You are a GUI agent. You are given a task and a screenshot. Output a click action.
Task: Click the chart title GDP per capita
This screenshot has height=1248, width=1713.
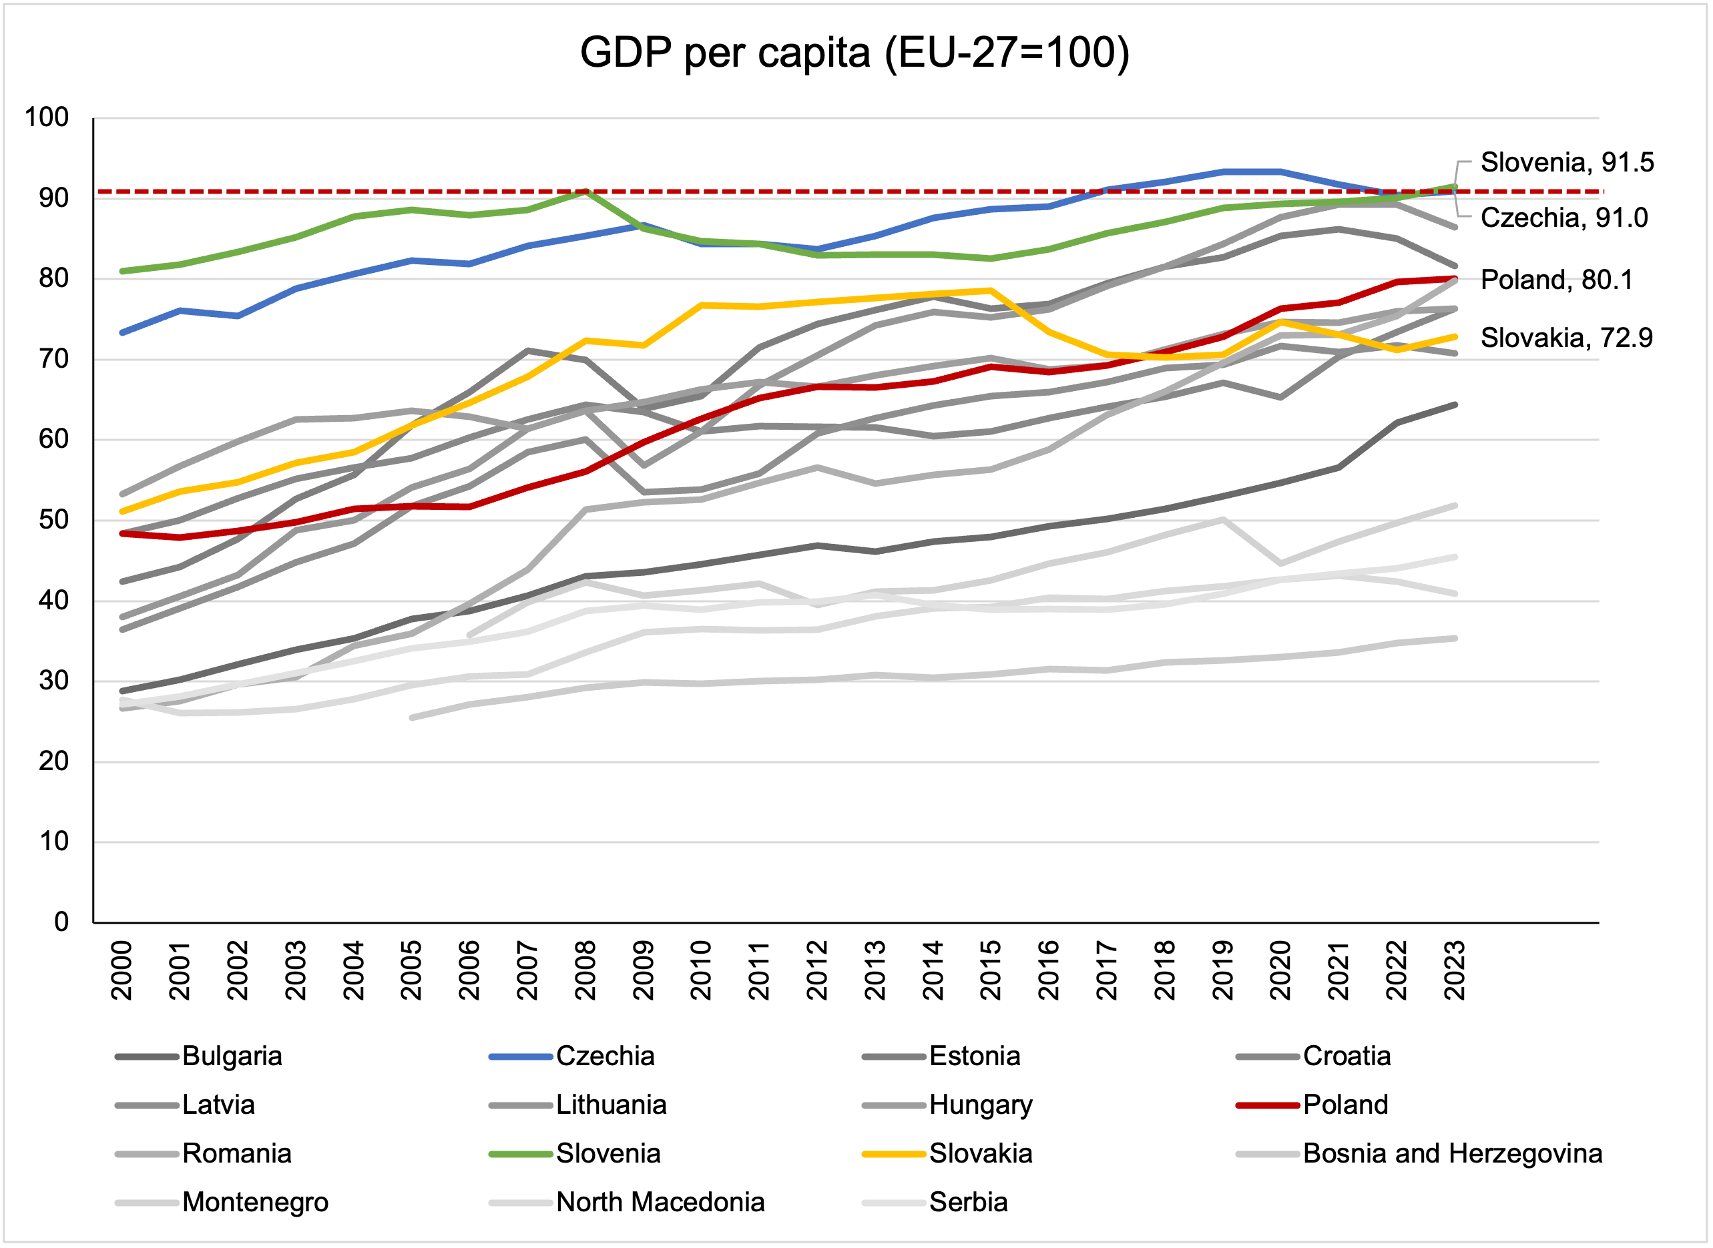pyautogui.click(x=854, y=53)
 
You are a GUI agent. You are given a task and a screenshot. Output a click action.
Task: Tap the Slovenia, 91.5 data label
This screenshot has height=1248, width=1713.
pyautogui.click(x=1566, y=162)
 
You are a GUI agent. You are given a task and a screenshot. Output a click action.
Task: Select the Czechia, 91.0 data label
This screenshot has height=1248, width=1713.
pyautogui.click(x=1563, y=218)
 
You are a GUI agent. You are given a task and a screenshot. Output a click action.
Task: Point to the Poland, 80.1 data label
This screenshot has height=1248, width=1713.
pyautogui.click(x=1556, y=280)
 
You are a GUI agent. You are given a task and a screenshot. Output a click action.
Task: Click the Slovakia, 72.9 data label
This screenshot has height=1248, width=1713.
pyautogui.click(x=1565, y=337)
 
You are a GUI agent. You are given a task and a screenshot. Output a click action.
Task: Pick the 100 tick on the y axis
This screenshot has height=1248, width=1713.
pyautogui.click(x=47, y=117)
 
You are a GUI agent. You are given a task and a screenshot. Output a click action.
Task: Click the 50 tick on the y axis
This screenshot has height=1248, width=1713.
pyautogui.click(x=53, y=520)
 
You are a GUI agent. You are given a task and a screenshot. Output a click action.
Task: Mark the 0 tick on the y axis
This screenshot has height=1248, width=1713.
pyautogui.click(x=61, y=922)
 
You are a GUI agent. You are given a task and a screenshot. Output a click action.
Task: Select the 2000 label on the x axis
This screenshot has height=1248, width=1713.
pyautogui.click(x=121, y=971)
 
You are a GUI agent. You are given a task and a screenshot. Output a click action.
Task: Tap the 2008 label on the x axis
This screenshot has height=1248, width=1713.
pyautogui.click(x=585, y=971)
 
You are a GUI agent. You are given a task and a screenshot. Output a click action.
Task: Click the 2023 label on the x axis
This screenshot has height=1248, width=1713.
pyautogui.click(x=1455, y=971)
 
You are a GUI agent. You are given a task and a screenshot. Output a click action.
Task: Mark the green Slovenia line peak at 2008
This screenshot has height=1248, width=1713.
pyautogui.click(x=585, y=191)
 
